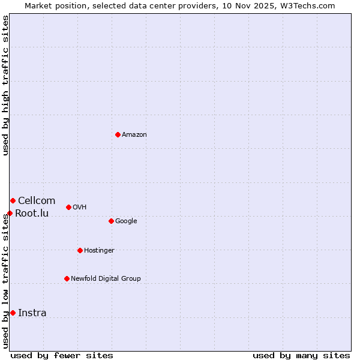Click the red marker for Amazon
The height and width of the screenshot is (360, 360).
[x=118, y=134]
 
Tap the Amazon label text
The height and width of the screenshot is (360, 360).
[x=134, y=135]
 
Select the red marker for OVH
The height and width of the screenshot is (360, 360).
[x=68, y=207]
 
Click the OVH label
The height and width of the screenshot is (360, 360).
[x=79, y=208]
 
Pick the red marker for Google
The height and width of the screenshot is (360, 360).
[x=111, y=221]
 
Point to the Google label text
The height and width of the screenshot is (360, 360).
[x=126, y=221]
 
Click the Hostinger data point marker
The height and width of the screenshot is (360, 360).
[x=80, y=250]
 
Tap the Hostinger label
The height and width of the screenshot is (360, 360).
[x=99, y=251]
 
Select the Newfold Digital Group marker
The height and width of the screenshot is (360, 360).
[x=67, y=278]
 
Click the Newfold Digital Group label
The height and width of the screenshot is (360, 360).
[x=106, y=279]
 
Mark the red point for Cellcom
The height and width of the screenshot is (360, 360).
[x=13, y=200]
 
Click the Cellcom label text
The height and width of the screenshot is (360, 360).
[x=37, y=201]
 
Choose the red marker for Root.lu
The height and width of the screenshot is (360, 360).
[x=10, y=213]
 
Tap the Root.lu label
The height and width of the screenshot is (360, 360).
[x=32, y=214]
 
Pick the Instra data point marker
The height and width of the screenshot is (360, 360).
[x=13, y=313]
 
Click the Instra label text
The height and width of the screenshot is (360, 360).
[x=32, y=313]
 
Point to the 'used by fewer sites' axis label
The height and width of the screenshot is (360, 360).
[x=62, y=355]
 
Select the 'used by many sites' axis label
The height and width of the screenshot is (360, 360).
[x=301, y=355]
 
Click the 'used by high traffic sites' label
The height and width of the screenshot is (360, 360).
[x=6, y=85]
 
